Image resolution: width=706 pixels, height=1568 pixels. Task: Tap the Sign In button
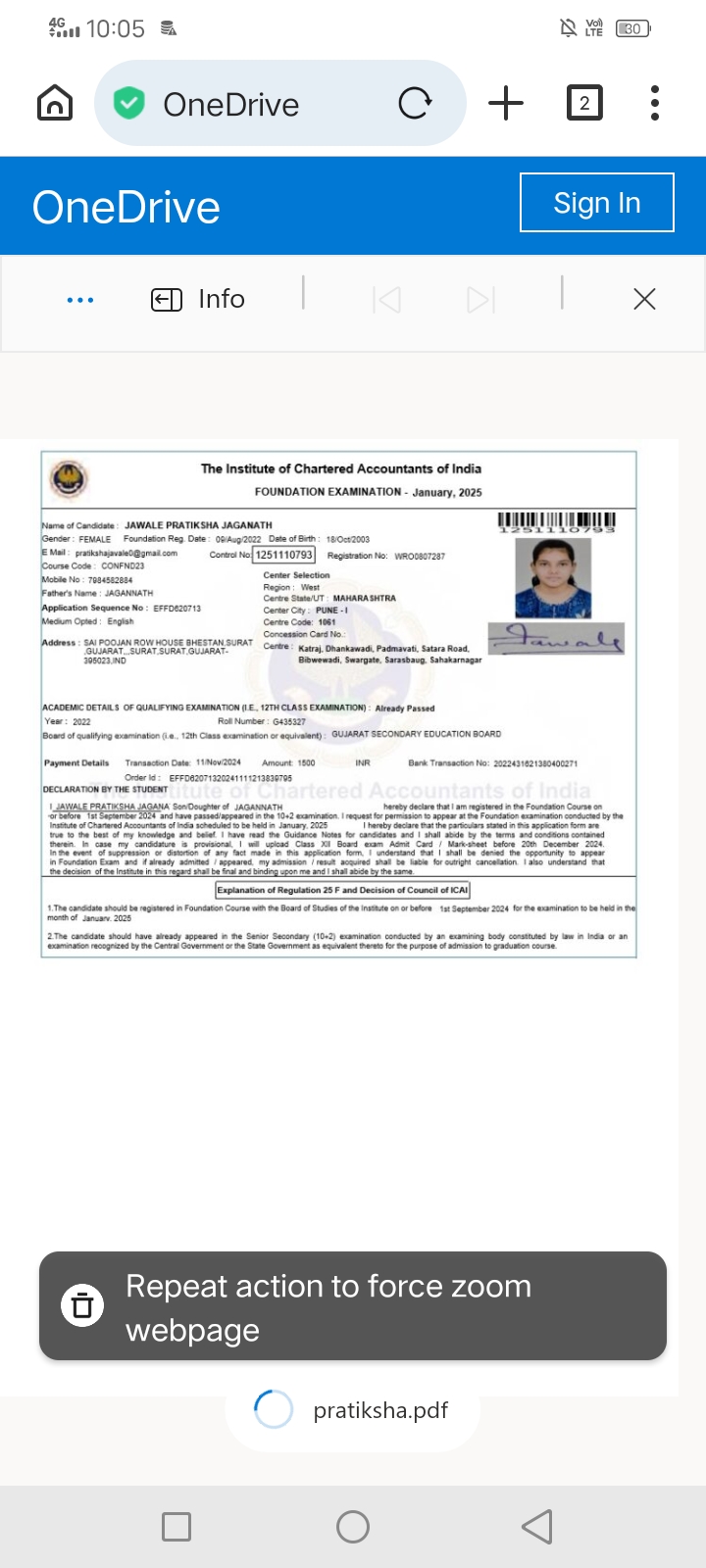point(596,203)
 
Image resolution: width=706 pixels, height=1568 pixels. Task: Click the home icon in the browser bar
point(55,103)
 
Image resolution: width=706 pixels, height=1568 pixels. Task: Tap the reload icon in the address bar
point(415,103)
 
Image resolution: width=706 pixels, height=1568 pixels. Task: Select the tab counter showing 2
point(584,103)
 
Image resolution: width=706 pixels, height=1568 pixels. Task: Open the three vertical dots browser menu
point(655,103)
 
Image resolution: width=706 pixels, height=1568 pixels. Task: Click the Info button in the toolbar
point(198,299)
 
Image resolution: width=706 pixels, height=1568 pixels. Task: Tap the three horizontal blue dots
point(80,300)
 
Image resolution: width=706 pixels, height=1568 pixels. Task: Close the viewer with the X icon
point(644,299)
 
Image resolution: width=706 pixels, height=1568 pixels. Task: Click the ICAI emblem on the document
point(69,479)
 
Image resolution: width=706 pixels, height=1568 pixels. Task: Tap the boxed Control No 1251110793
point(284,555)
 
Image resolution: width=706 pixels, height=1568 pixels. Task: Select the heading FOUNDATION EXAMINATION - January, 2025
point(368,492)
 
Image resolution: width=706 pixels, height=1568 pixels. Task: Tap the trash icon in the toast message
point(82,1305)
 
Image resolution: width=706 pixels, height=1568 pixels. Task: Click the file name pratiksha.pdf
point(380,1410)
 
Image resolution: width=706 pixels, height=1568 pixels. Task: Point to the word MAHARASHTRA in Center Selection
point(365,598)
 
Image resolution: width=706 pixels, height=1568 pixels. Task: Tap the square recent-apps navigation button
point(176,1526)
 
